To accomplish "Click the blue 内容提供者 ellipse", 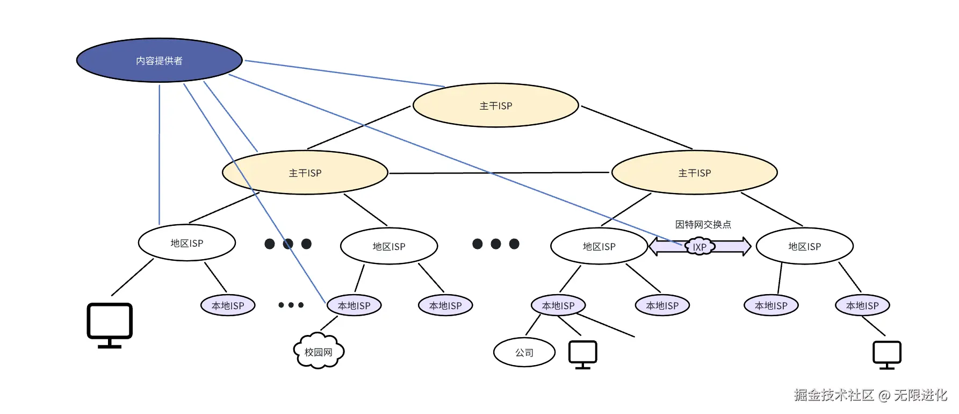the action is [x=160, y=60].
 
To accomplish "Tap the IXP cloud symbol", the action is [x=700, y=247].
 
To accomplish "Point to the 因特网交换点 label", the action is [x=703, y=224].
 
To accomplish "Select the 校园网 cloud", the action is [x=319, y=352].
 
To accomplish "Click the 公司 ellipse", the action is [x=524, y=352].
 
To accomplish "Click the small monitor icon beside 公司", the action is [x=583, y=355].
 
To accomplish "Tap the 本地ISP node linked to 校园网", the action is [x=354, y=305].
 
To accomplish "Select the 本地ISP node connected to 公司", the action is [x=558, y=305].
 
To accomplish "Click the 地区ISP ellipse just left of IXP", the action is [x=599, y=246].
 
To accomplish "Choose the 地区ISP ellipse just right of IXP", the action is [x=804, y=246].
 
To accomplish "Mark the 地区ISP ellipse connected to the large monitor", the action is [x=187, y=243].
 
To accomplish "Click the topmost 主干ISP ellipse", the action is [x=495, y=105].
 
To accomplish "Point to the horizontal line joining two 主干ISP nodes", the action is [x=499, y=173].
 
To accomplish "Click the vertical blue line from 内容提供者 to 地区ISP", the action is [x=160, y=154].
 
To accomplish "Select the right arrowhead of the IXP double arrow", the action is [x=746, y=247].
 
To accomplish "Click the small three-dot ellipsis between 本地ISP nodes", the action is [x=291, y=305].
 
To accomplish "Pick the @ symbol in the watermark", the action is [x=884, y=396].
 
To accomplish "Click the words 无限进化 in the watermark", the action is [x=920, y=395].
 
